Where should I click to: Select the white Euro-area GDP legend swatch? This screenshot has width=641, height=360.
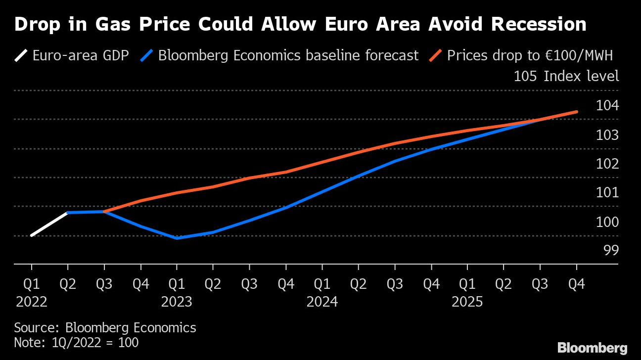21,55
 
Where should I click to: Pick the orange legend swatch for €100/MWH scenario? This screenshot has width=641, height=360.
435,55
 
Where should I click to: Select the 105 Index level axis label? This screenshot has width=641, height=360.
566,77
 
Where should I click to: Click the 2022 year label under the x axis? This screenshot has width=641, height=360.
32,302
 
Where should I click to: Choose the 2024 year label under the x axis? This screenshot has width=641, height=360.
322,302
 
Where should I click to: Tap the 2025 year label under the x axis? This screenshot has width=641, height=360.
467,302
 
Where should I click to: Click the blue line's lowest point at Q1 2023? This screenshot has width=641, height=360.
177,238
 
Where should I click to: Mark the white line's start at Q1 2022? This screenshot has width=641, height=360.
32,235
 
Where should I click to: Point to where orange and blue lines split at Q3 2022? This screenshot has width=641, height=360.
104,212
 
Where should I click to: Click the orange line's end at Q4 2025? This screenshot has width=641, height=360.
576,112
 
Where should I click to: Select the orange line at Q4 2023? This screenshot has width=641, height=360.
286,172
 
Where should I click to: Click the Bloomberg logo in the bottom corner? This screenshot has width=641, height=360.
593,347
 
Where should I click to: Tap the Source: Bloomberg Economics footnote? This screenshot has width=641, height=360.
105,327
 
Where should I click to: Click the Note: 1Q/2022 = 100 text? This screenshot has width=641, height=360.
76,342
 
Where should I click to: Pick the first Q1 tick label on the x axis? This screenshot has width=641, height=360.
32,284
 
